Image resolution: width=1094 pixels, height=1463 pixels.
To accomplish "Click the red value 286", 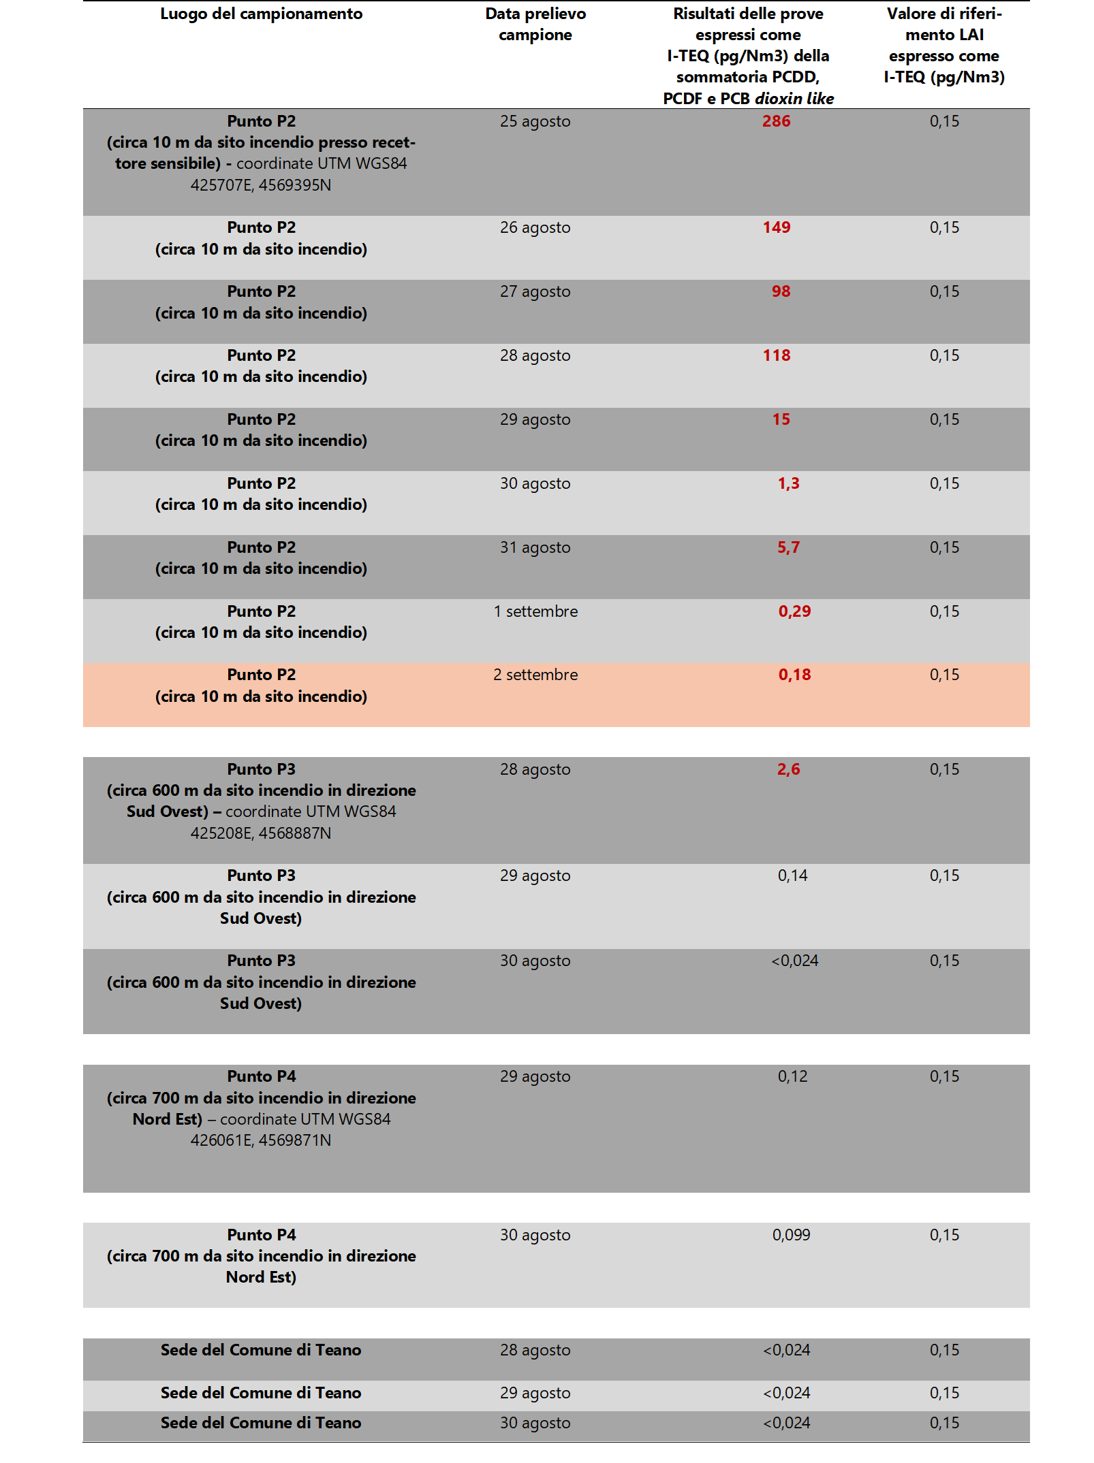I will click(776, 121).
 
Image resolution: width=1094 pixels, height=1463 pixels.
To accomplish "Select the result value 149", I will click(776, 227).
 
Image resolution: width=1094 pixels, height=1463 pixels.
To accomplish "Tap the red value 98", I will click(781, 291).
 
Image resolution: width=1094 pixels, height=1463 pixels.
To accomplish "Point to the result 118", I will click(776, 355).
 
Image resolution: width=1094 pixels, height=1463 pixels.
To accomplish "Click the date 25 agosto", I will click(535, 121).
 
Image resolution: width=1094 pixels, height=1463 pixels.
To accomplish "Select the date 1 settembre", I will click(535, 611).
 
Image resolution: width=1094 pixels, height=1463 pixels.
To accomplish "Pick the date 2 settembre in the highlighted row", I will click(535, 675).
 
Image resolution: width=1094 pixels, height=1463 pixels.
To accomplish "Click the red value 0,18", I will click(794, 675).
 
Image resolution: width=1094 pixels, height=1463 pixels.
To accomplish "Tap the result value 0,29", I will click(794, 611).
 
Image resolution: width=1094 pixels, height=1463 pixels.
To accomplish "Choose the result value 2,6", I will click(788, 769).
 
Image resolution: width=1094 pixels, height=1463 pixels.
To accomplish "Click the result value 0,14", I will click(792, 875).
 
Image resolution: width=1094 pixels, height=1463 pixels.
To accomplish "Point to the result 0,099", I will click(791, 1235).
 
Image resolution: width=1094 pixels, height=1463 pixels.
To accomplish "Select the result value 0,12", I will click(792, 1076).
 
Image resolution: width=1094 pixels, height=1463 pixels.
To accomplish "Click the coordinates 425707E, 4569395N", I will click(261, 185).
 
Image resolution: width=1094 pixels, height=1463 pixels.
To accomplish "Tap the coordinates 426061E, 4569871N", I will click(261, 1140).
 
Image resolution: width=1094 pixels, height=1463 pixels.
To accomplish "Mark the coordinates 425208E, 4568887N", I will click(261, 833).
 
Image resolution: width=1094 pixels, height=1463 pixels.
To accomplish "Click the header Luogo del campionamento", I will click(261, 14).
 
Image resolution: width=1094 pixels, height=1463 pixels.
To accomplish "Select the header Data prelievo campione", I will click(535, 24).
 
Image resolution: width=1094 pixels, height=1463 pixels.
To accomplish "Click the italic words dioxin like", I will click(794, 99).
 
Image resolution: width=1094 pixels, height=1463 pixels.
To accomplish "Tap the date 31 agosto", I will click(535, 547).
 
